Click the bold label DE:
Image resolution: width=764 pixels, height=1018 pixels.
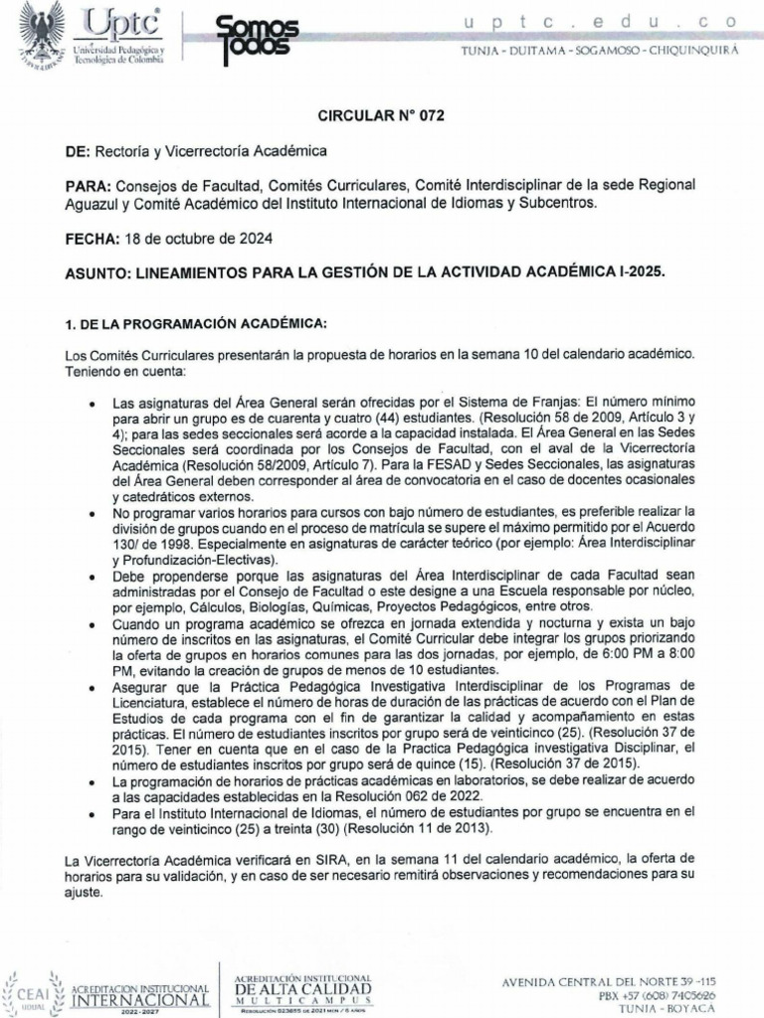[78, 150]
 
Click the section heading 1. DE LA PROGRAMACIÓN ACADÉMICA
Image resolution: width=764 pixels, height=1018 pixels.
[188, 325]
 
